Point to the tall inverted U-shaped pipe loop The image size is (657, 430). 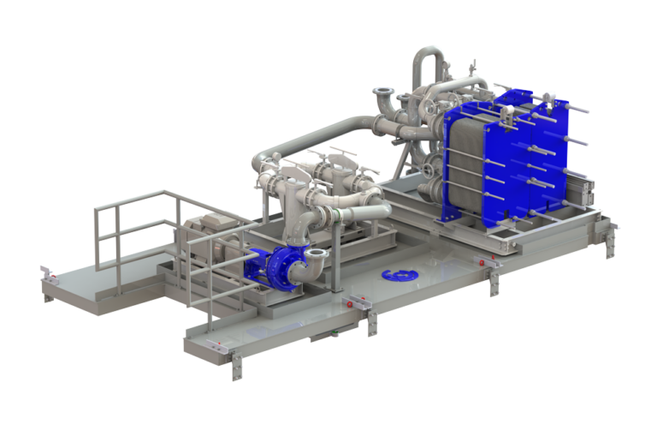(428, 64)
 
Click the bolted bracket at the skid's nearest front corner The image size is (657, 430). (236, 365)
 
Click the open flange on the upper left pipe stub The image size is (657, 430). (382, 93)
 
